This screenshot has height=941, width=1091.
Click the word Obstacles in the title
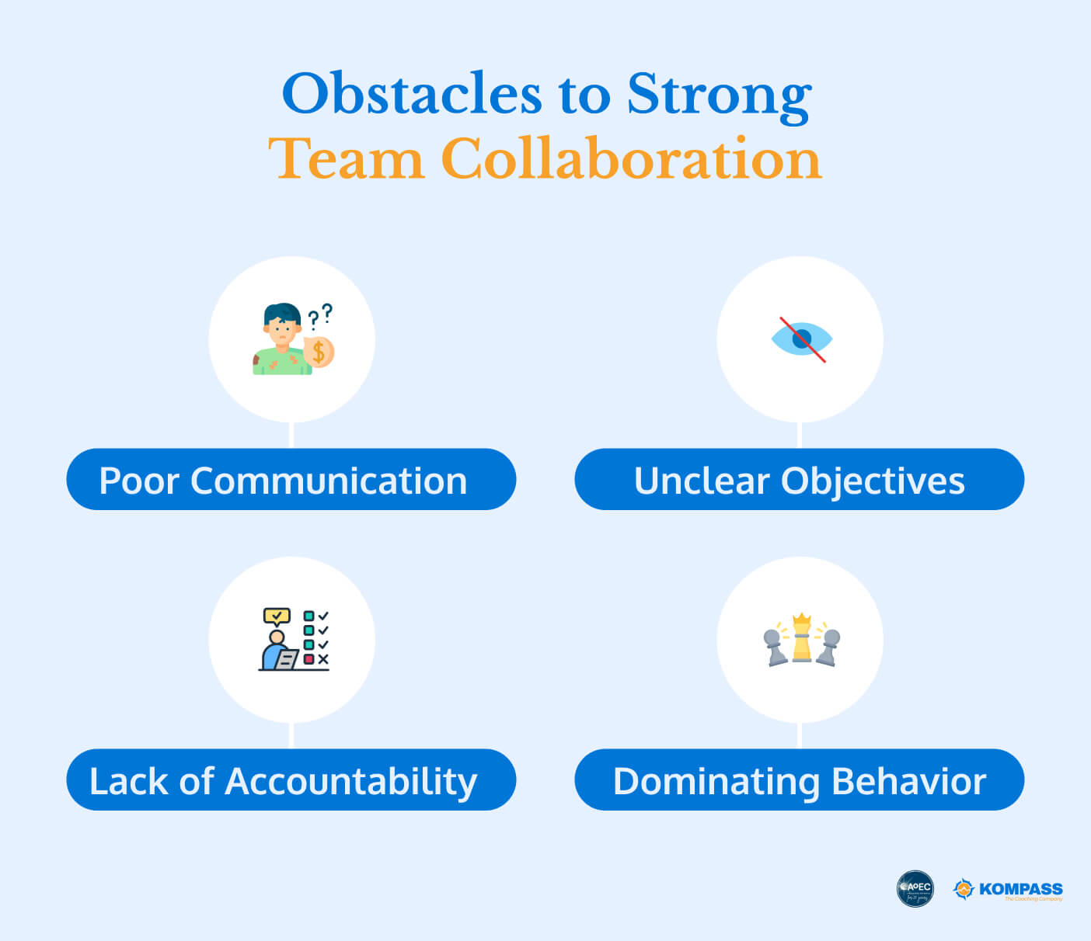411,94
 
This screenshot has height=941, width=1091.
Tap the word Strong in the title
719,94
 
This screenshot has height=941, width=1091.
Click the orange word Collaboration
630,159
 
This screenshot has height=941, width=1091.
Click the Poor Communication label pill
291,480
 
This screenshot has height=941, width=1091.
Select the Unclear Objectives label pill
799,480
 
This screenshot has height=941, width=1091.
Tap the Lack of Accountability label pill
291,780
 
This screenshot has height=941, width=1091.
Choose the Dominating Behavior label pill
799,780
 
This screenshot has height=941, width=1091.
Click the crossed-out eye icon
801,339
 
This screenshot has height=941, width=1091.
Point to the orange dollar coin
319,352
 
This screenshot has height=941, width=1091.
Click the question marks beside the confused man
320,315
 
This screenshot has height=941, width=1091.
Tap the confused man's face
282,330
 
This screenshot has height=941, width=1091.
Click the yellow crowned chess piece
801,639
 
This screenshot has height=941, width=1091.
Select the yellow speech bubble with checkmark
277,616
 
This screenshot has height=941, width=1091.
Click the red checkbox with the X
309,659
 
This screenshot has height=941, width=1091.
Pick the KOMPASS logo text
1020,889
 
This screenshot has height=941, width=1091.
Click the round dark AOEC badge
915,888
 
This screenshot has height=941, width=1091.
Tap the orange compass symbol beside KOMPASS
964,889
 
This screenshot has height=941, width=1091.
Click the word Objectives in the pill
873,481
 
